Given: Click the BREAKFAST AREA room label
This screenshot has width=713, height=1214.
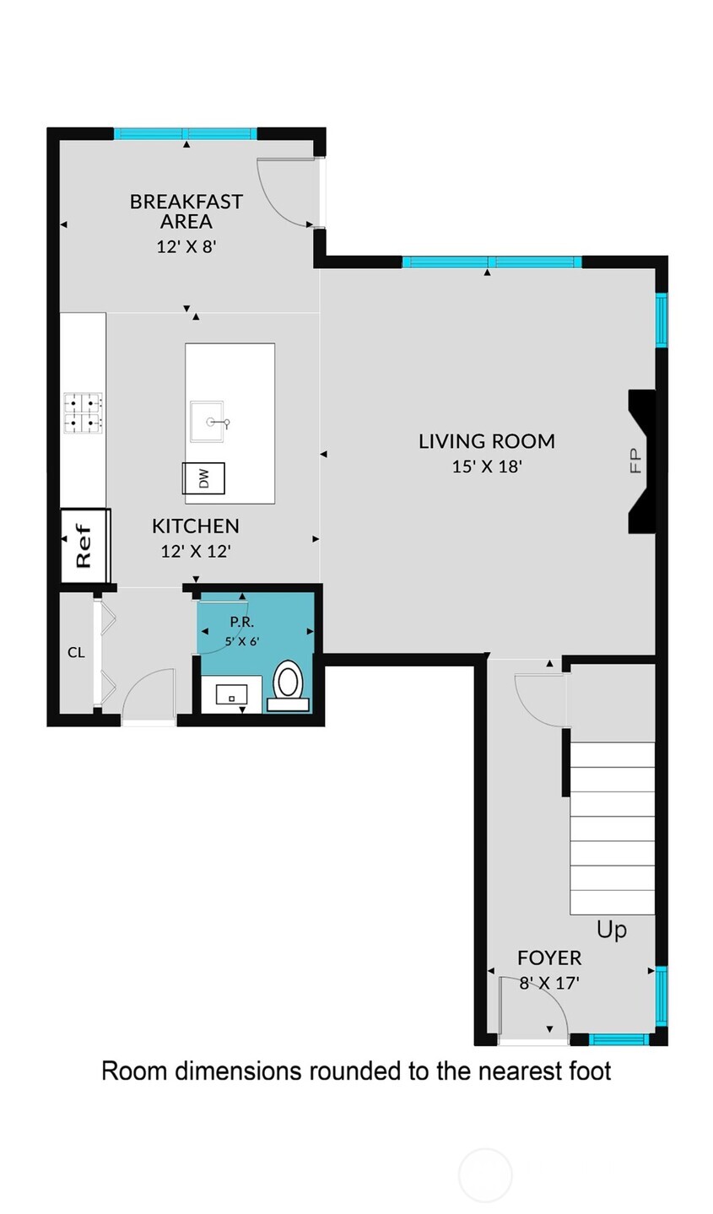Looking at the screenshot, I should coord(186,211).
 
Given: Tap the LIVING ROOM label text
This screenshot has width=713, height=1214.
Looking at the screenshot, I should coord(487,440).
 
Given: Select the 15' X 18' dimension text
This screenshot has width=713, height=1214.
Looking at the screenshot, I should coord(487,466).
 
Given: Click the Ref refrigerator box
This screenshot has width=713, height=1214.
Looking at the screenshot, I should coord(84,545).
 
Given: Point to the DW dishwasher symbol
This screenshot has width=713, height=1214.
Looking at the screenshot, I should coord(204,478).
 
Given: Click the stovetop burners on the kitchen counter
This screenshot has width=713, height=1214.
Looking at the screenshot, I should coord(84,413).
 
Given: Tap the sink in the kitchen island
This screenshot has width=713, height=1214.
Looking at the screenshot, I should coord(210,422).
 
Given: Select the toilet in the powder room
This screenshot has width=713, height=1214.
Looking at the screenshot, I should coord(288,681).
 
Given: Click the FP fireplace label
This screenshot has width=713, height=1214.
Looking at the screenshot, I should coord(635,460).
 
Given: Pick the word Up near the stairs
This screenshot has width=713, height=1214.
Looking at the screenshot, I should coord(612,930).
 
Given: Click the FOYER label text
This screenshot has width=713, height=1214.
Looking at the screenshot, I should coord(549,958).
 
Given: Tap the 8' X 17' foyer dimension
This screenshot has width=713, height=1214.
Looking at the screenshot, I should coord(549,982).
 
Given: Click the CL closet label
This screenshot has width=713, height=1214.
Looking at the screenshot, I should coord(76,652).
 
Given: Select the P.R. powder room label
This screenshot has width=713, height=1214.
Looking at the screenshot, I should coord(242,623).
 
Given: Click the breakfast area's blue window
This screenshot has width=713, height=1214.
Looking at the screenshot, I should coord(186,133).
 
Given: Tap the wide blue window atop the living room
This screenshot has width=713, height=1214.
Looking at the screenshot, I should coord(492,262).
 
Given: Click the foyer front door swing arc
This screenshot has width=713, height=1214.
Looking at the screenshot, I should coord(532,1008).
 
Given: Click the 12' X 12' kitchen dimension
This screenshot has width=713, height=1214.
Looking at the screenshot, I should coord(196,551).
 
